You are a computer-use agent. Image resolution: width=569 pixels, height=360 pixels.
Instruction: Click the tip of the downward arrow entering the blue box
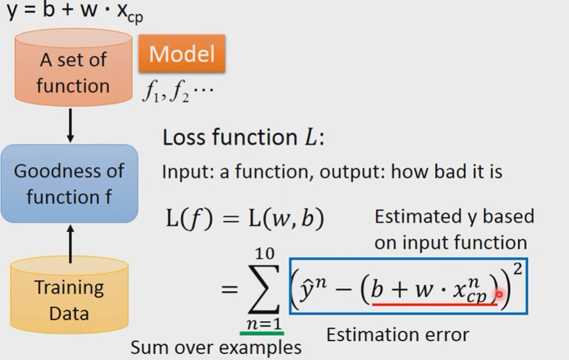(70, 142)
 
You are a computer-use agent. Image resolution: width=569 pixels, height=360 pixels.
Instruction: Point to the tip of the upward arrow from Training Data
(70, 225)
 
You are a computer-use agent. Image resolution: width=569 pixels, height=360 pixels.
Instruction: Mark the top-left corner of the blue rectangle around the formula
(290, 258)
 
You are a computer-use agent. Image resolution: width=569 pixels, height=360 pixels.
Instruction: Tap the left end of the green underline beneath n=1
(240, 333)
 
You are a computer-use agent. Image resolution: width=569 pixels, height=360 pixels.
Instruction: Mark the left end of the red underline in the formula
(372, 304)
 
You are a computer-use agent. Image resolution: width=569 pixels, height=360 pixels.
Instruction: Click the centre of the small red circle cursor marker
(499, 294)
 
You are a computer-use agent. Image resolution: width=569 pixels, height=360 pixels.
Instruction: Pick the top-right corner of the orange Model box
(225, 35)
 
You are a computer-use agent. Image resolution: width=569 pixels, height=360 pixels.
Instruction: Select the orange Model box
(182, 53)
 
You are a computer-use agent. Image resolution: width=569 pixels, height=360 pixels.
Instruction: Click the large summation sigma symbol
(263, 289)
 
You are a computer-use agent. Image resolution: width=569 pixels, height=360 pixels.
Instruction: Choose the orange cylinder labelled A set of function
(73, 68)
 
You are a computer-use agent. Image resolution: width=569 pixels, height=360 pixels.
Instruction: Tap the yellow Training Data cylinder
(69, 295)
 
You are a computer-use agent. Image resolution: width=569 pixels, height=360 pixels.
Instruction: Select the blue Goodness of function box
(69, 184)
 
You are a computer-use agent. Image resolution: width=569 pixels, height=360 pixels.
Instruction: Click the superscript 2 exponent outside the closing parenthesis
(517, 269)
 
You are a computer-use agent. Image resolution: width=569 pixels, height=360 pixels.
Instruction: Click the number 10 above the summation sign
(264, 253)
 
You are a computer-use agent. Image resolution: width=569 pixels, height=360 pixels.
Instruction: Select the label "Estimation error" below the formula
(397, 335)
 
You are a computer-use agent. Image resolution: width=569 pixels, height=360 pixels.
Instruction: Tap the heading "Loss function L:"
(243, 137)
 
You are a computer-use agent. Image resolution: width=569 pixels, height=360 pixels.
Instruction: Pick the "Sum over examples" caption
(216, 347)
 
